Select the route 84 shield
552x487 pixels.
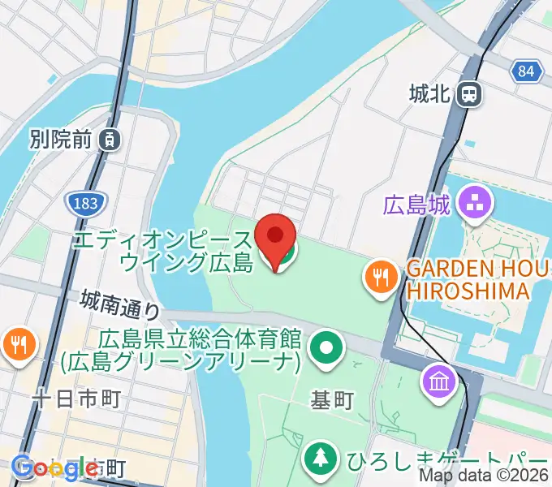pos(526,71)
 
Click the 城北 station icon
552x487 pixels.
pos(468,95)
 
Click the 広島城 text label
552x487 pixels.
pos(416,205)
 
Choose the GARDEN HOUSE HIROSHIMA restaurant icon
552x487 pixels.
pos(378,278)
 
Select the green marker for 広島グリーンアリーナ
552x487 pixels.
pos(326,350)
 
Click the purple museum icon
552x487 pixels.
pos(438,379)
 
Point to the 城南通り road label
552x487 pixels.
pos(121,305)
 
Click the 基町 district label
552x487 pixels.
pos(332,399)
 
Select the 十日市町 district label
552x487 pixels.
pos(76,399)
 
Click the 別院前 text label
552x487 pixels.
pos(60,140)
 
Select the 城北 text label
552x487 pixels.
pos(429,95)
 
